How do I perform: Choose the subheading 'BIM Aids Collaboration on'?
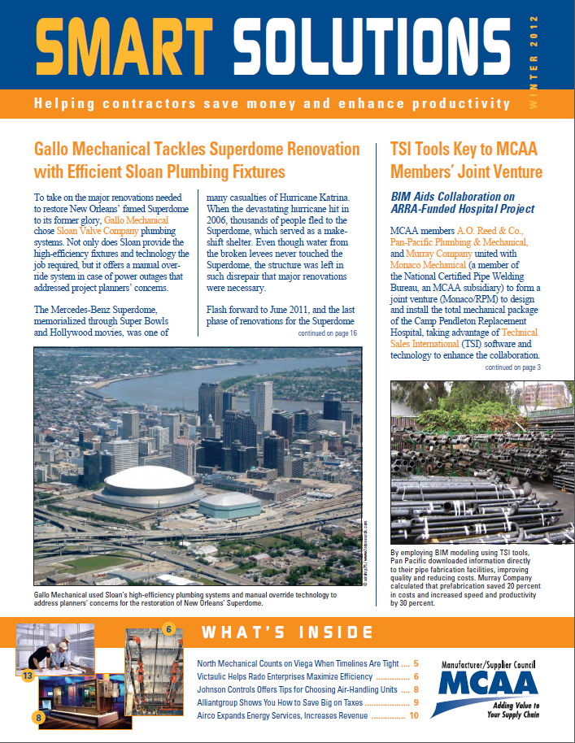pos(451,196)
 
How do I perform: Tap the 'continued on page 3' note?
pos(513,367)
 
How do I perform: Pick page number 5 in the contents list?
pos(416,663)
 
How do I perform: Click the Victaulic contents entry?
pos(285,676)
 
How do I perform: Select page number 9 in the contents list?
pos(416,702)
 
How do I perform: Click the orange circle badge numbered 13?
pos(27,674)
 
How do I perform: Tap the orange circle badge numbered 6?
pos(169,628)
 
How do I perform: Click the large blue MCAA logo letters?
pos(488,683)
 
